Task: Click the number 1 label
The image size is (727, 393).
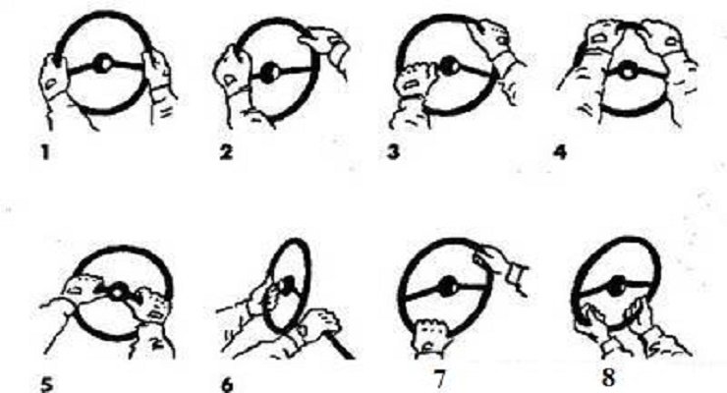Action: pos(45,152)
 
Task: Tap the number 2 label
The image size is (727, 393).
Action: pos(226,152)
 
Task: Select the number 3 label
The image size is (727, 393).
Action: pos(393,152)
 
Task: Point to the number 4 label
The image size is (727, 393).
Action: pos(560,152)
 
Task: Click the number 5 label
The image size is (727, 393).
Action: pos(47,384)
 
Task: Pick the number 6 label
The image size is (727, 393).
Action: pos(227,384)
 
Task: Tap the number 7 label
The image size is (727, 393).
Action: pos(440,378)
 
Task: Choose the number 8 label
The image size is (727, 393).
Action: pos(608,376)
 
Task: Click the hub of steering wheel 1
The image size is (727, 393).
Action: pos(103,64)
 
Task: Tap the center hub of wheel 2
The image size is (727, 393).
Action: pos(269,73)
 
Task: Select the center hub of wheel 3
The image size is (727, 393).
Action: pos(448,66)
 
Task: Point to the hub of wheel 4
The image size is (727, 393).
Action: pos(627,72)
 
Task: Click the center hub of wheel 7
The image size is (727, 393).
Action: pos(448,286)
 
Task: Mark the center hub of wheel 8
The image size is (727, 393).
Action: pos(617,286)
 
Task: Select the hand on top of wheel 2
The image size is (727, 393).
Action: pos(324,43)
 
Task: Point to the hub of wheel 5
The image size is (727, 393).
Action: pos(118,292)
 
